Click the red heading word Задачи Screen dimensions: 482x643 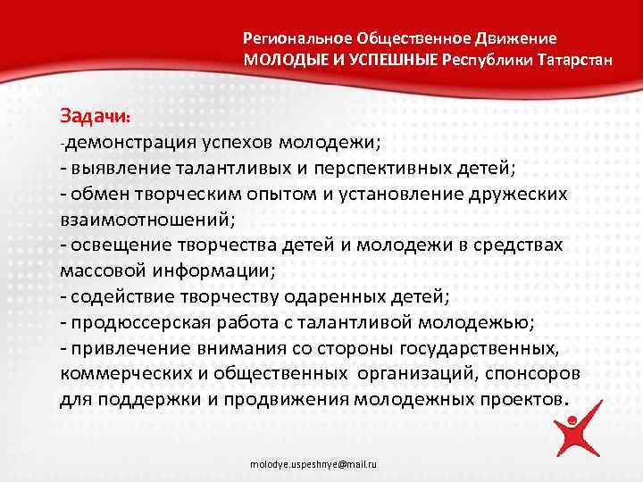[x=95, y=116]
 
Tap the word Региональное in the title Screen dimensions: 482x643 [x=297, y=39]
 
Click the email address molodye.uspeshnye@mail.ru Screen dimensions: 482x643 [x=313, y=465]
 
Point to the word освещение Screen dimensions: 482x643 [x=113, y=244]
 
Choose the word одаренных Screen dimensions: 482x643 [x=353, y=295]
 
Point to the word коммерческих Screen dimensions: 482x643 [x=123, y=372]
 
